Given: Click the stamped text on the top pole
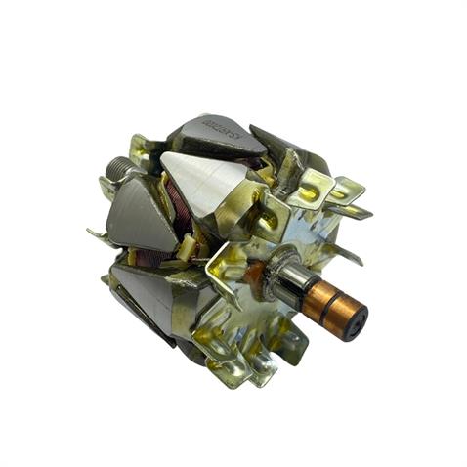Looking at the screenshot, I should [x=219, y=129].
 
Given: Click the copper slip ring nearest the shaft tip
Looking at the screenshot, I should [x=336, y=310].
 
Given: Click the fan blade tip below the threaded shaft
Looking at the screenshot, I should [x=98, y=234].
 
